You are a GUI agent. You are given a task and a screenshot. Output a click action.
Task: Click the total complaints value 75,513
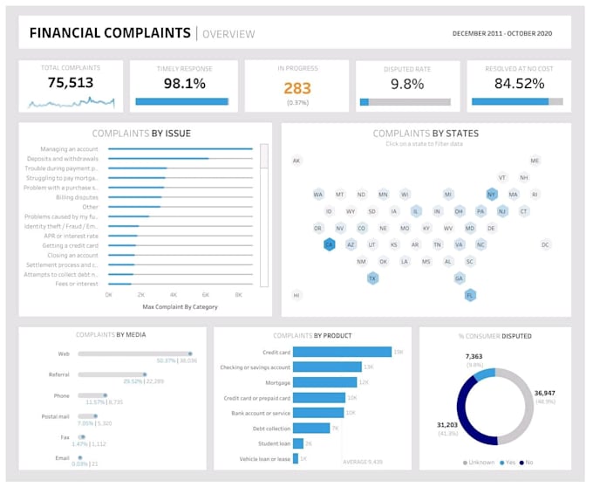click(71, 83)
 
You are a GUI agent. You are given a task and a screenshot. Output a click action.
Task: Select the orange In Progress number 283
click(296, 87)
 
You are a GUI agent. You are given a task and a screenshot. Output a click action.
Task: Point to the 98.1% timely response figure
click(184, 84)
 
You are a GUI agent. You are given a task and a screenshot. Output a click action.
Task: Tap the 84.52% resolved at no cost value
click(519, 84)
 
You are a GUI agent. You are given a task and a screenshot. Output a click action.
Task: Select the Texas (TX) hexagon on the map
click(372, 278)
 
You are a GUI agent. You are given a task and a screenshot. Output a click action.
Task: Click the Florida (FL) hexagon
click(470, 295)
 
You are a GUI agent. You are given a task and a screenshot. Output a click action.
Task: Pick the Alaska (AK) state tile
click(296, 161)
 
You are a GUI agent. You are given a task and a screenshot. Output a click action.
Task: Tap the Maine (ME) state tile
click(535, 161)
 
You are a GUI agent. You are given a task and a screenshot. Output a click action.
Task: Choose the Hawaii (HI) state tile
click(296, 295)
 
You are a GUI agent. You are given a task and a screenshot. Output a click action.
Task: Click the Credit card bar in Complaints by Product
click(341, 352)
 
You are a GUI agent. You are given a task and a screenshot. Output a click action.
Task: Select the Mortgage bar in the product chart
click(325, 382)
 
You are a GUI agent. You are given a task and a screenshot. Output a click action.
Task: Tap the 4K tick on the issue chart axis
click(173, 295)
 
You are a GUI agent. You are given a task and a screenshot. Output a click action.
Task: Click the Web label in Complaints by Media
click(64, 353)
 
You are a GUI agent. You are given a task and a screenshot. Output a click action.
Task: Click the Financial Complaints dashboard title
click(110, 33)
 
